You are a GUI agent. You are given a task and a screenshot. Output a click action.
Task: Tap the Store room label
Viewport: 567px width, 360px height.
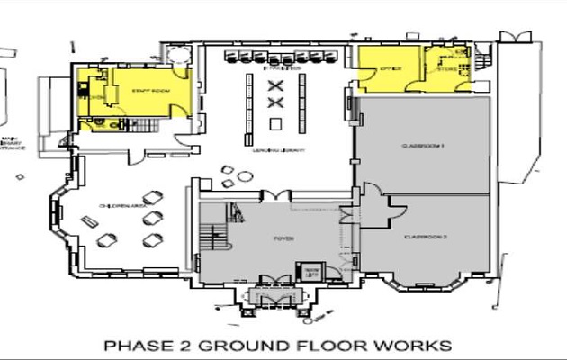click(x=448, y=68)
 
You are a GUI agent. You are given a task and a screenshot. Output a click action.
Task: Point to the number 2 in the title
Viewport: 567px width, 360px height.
click(x=184, y=345)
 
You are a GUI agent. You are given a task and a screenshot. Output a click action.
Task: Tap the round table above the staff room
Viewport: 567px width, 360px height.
click(x=167, y=55)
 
